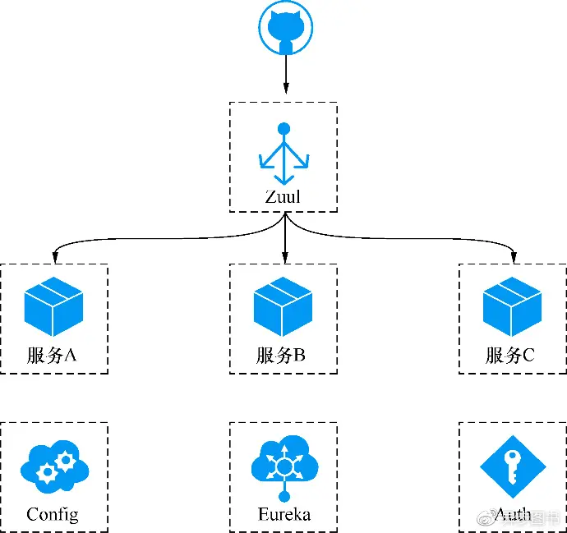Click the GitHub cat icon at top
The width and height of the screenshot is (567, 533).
285,28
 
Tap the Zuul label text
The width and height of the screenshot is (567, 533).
283,197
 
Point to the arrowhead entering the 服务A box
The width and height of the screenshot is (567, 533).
54,257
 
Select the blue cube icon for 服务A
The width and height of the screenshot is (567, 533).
53,306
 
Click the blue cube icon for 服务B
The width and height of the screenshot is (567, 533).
283,306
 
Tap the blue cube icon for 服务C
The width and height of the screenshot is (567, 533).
512,306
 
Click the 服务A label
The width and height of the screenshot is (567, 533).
53,356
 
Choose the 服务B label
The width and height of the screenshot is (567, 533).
282,356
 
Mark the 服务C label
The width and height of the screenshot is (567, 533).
511,356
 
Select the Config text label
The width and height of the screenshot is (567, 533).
53,515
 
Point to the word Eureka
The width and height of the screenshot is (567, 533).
283,515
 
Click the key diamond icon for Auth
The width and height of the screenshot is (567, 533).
513,466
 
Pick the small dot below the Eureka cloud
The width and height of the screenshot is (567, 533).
284,495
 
